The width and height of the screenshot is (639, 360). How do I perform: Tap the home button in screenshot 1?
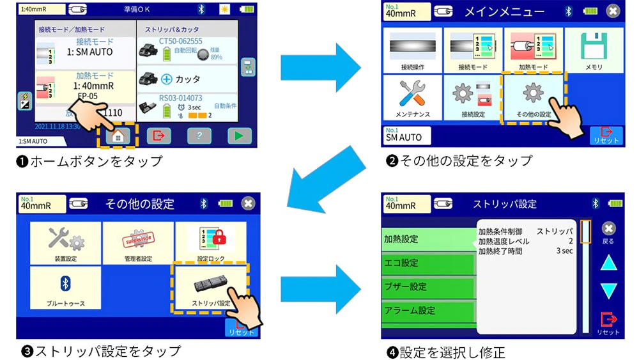tap(118, 136)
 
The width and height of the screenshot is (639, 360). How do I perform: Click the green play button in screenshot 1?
tap(239, 136)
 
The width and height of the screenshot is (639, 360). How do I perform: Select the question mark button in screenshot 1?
tap(199, 136)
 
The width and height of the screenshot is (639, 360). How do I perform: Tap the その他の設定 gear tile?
tap(534, 98)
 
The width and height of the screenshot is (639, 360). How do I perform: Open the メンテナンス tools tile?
tap(412, 98)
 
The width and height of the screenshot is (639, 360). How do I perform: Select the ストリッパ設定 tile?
tap(210, 287)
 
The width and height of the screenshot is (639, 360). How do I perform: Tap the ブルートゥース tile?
tap(65, 287)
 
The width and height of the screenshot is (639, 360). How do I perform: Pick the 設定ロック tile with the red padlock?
tap(210, 244)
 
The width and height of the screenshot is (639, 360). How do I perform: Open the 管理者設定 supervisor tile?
tap(138, 244)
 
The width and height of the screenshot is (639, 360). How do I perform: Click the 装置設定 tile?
tap(65, 244)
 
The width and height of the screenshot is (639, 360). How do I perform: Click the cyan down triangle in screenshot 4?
tap(608, 290)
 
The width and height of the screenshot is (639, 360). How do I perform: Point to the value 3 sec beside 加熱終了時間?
tap(564, 251)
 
